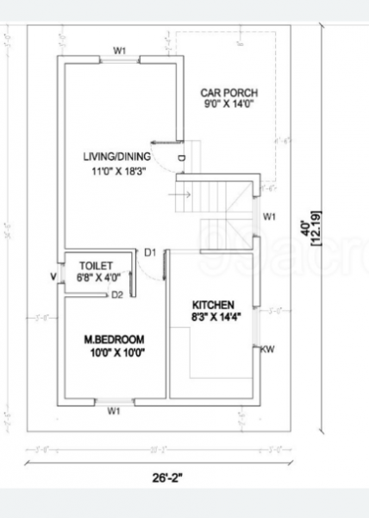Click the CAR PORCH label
point(228,93)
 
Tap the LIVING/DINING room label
point(117,156)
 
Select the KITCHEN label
point(213,306)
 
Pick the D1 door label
point(150,252)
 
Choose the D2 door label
point(118,295)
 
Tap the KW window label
point(268,350)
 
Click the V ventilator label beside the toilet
point(53,277)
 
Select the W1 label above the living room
point(120,51)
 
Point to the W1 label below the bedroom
point(114,412)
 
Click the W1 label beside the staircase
point(269,216)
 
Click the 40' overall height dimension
point(303,226)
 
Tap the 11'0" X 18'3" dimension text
point(118,171)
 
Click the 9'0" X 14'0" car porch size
point(228,104)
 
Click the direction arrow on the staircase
point(182,194)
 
